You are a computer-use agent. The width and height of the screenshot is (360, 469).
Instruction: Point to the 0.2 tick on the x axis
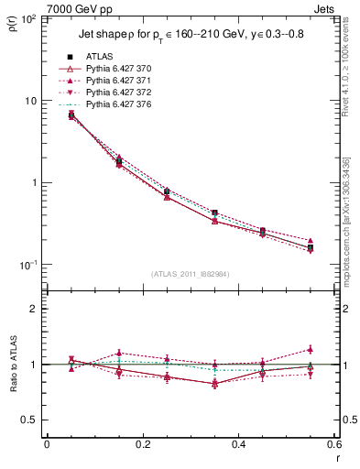tap(142, 446)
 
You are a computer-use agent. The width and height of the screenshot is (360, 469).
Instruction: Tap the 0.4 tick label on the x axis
tap(238, 446)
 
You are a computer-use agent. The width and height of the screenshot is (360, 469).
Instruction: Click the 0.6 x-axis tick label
tap(333, 446)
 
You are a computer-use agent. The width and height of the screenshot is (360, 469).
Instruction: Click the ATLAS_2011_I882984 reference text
tap(190, 273)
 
